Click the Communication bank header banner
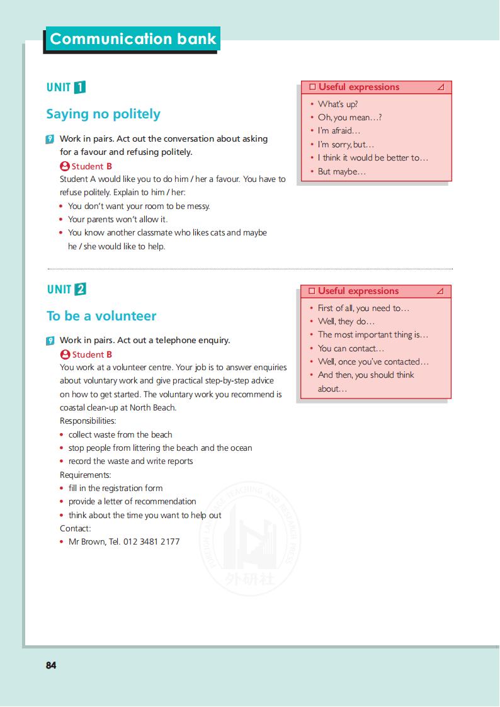click(132, 39)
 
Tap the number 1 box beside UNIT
click(80, 88)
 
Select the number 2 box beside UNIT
click(80, 290)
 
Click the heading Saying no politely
click(103, 114)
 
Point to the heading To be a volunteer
click(101, 316)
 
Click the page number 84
click(51, 665)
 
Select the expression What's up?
click(338, 105)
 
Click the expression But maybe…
click(341, 171)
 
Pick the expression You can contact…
click(351, 348)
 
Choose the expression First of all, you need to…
click(363, 308)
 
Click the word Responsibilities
click(88, 421)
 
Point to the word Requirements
click(85, 475)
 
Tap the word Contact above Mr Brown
click(75, 528)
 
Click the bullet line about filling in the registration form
click(115, 488)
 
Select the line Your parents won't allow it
click(118, 219)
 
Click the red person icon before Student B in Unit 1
click(64, 166)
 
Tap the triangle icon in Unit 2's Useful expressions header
click(440, 291)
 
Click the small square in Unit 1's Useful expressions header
click(312, 87)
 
